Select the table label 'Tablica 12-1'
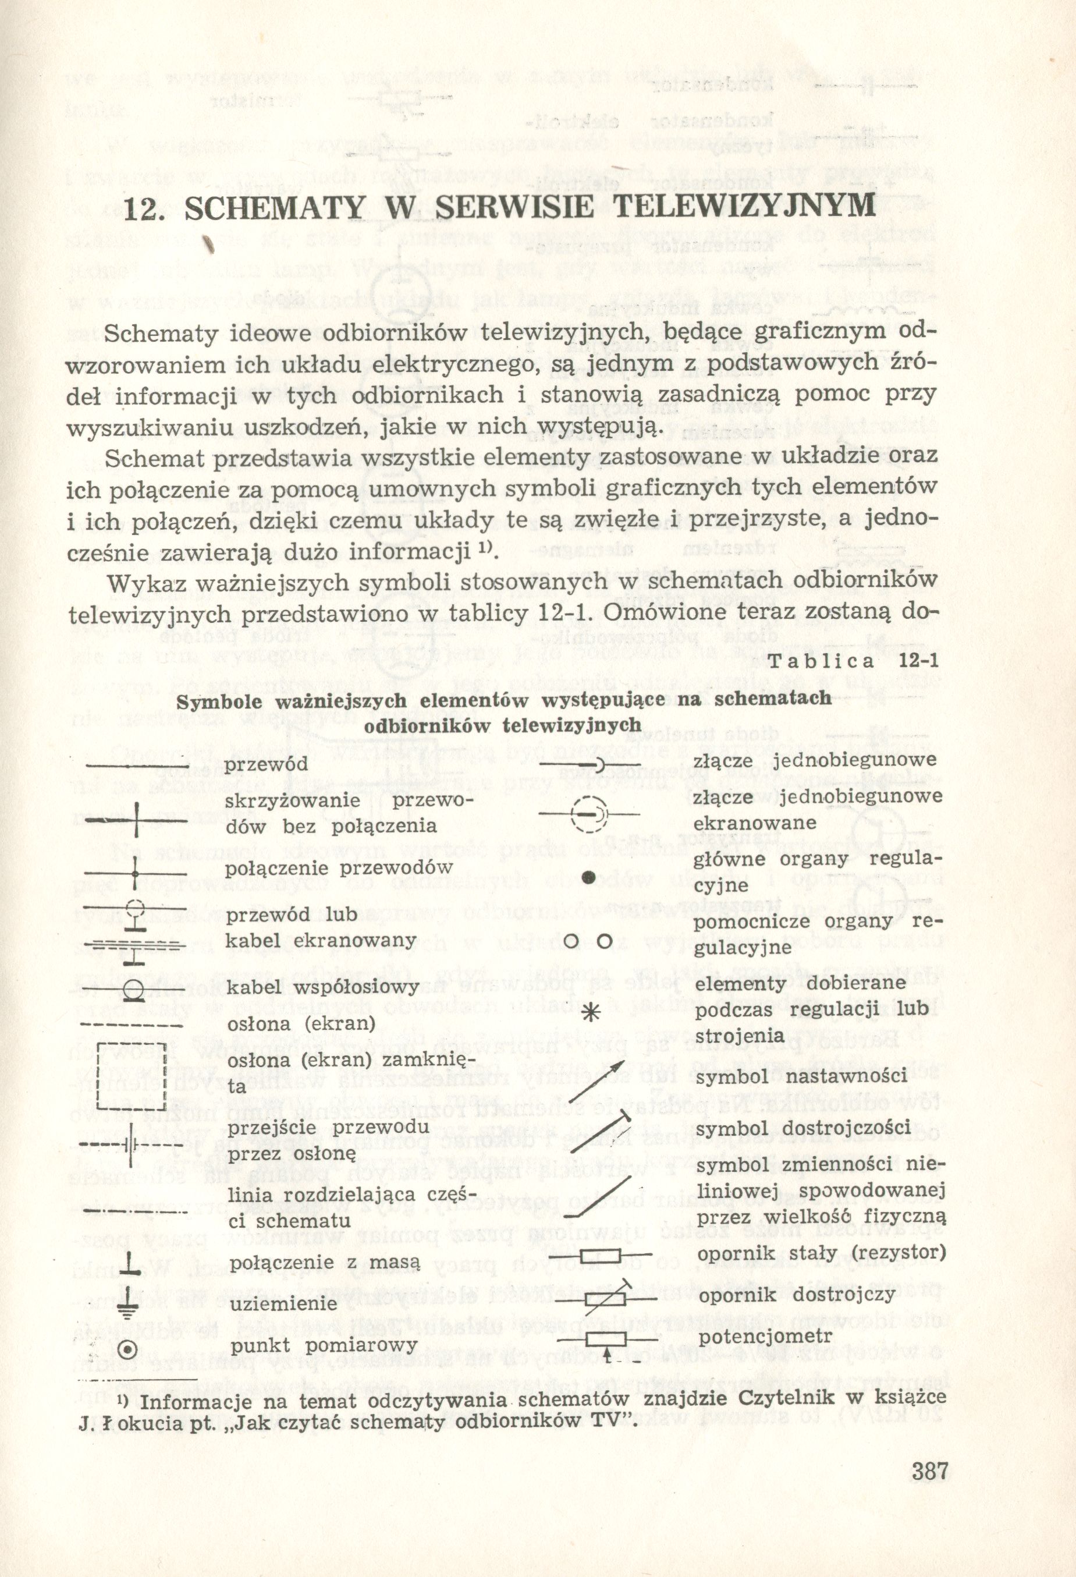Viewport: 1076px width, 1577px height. [854, 660]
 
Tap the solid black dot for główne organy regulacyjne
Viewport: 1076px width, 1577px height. [590, 877]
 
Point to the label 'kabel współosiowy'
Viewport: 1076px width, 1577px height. [322, 986]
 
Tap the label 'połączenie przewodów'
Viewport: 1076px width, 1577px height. [339, 867]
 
